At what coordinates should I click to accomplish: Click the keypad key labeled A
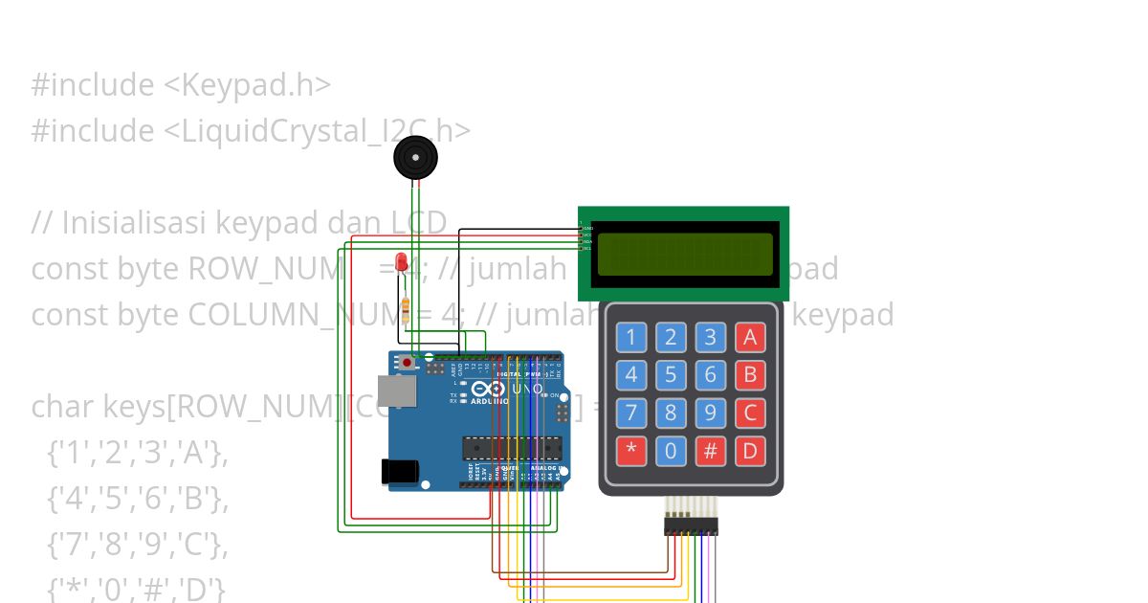(750, 337)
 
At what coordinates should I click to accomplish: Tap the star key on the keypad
(630, 451)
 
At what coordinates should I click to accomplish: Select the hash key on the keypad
(710, 451)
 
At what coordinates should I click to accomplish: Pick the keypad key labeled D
(750, 451)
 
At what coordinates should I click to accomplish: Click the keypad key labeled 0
(671, 451)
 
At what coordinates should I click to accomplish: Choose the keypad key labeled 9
(710, 413)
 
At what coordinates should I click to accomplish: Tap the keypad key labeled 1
(630, 337)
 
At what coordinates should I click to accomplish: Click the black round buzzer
(415, 157)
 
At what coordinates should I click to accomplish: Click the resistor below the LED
(406, 309)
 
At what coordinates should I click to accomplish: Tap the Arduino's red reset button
(408, 363)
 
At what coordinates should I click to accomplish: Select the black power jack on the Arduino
(399, 471)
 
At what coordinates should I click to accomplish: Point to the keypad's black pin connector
(691, 525)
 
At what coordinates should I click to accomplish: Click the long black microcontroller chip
(512, 447)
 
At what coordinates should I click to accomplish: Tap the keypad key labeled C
(750, 413)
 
